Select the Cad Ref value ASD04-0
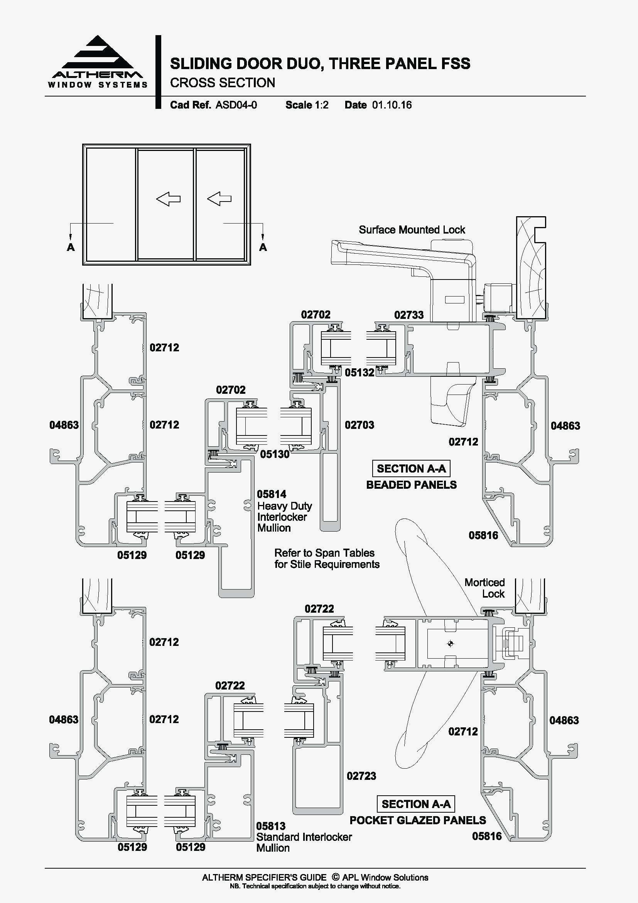coord(236,105)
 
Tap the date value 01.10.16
coord(392,105)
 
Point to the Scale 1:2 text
coord(307,105)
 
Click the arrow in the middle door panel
coord(168,198)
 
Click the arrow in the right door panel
coord(219,198)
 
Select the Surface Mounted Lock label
coord(411,230)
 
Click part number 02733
coord(408,315)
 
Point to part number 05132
coord(360,373)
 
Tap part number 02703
coord(359,425)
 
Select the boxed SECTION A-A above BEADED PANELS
coord(411,468)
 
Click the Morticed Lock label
coord(484,588)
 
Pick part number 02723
coord(361,776)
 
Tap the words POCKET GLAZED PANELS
coord(417,820)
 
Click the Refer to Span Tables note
coord(326,559)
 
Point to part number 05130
coord(274,455)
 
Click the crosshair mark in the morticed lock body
coord(450,644)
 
